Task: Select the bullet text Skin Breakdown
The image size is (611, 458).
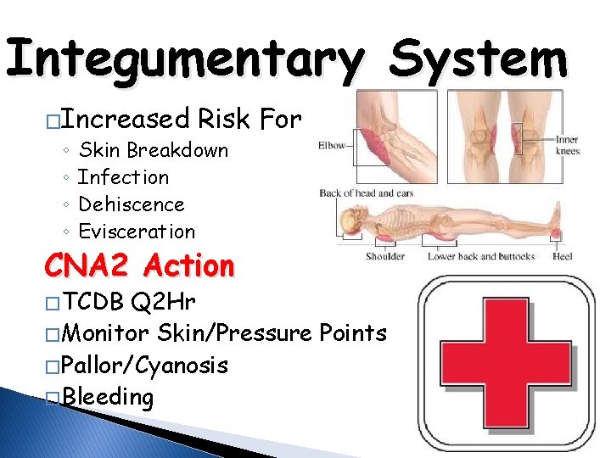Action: [x=153, y=150]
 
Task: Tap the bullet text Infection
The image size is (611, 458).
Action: [x=123, y=177]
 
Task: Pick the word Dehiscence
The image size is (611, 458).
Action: [x=131, y=204]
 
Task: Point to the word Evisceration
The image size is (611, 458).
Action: [x=136, y=232]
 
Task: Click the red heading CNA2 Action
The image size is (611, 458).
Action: [x=139, y=266]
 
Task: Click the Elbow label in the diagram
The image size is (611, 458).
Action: [x=333, y=144]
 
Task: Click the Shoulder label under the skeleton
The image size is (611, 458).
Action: [x=384, y=256]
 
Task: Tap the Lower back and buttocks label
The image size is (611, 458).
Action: [x=480, y=256]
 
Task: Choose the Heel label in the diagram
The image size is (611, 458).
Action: [x=562, y=256]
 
